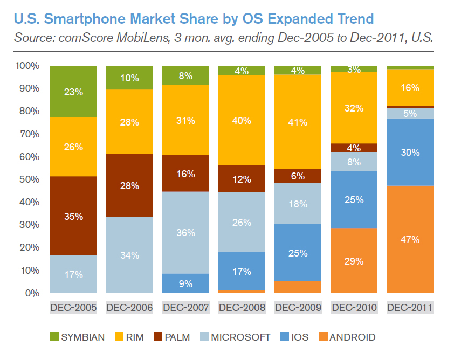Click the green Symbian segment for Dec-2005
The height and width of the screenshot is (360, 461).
click(x=73, y=92)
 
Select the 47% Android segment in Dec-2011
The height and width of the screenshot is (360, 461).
click(x=410, y=240)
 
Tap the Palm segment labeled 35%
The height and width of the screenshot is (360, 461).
click(x=73, y=216)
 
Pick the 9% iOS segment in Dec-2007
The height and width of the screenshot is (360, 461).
click(x=185, y=283)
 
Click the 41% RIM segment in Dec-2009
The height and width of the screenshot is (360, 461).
click(x=298, y=122)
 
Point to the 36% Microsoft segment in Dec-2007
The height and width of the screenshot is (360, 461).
click(x=185, y=233)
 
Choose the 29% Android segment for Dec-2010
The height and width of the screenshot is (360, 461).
click(x=354, y=261)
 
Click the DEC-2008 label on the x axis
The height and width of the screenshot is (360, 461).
click(x=242, y=308)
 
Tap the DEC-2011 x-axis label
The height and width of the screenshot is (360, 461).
click(x=410, y=308)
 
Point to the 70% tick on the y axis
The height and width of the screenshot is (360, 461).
click(x=27, y=134)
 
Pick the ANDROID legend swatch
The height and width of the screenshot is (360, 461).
click(x=321, y=338)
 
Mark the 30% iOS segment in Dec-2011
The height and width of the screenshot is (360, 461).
click(x=410, y=153)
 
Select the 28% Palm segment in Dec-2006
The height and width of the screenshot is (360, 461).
click(x=129, y=185)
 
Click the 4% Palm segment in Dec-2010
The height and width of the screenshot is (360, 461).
click(x=354, y=148)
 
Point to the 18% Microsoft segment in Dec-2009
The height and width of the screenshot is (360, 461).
click(x=298, y=204)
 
